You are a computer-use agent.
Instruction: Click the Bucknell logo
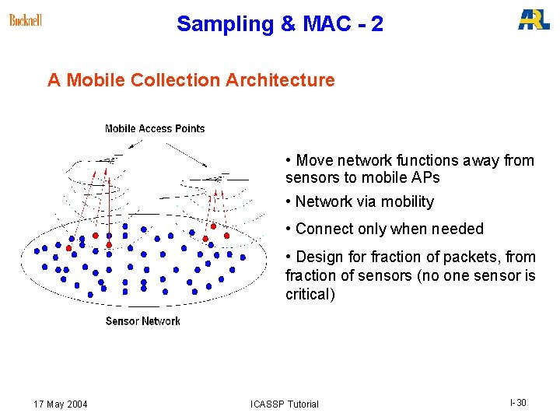[x=25, y=20]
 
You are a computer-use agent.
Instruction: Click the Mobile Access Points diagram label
[x=155, y=129]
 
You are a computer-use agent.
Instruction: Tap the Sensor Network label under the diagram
[x=142, y=321]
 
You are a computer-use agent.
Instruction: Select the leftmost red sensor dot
[x=68, y=248]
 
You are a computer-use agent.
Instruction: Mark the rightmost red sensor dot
[x=226, y=235]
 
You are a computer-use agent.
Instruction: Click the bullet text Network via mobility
[x=364, y=202]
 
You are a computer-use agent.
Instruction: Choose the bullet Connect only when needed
[x=389, y=229]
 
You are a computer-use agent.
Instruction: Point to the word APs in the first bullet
[x=424, y=178]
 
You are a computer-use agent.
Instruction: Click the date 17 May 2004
[x=61, y=404]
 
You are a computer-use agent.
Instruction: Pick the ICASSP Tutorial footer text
[x=285, y=404]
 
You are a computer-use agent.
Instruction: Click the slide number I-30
[x=518, y=403]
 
